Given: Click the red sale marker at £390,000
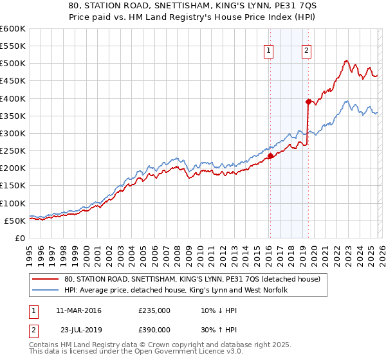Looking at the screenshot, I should [308, 102].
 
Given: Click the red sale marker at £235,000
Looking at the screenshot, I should [270, 156].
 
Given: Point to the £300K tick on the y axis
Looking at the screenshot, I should [14, 133].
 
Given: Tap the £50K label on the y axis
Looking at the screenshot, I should [16, 221].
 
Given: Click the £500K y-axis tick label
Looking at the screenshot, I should [14, 64].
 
